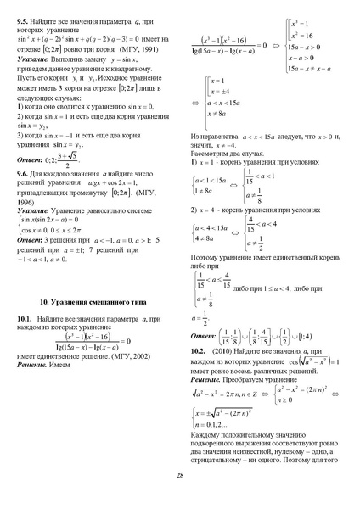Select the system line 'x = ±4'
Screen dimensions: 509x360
[x=221, y=91]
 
